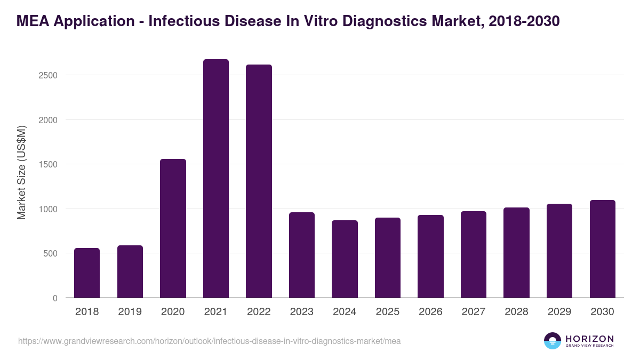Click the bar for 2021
[215, 179]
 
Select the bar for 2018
[87, 273]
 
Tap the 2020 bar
[173, 228]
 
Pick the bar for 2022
[259, 181]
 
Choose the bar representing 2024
[345, 259]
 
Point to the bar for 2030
[602, 249]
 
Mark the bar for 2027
[474, 254]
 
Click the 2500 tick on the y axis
[48, 75]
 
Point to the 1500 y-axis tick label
[48, 164]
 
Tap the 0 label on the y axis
[55, 298]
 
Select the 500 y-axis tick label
[50, 253]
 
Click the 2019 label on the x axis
[130, 312]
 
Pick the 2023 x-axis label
[302, 312]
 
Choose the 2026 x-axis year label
[430, 312]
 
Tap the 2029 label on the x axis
[559, 312]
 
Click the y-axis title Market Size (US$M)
[21, 172]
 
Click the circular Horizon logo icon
[553, 341]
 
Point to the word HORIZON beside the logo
[589, 339]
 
